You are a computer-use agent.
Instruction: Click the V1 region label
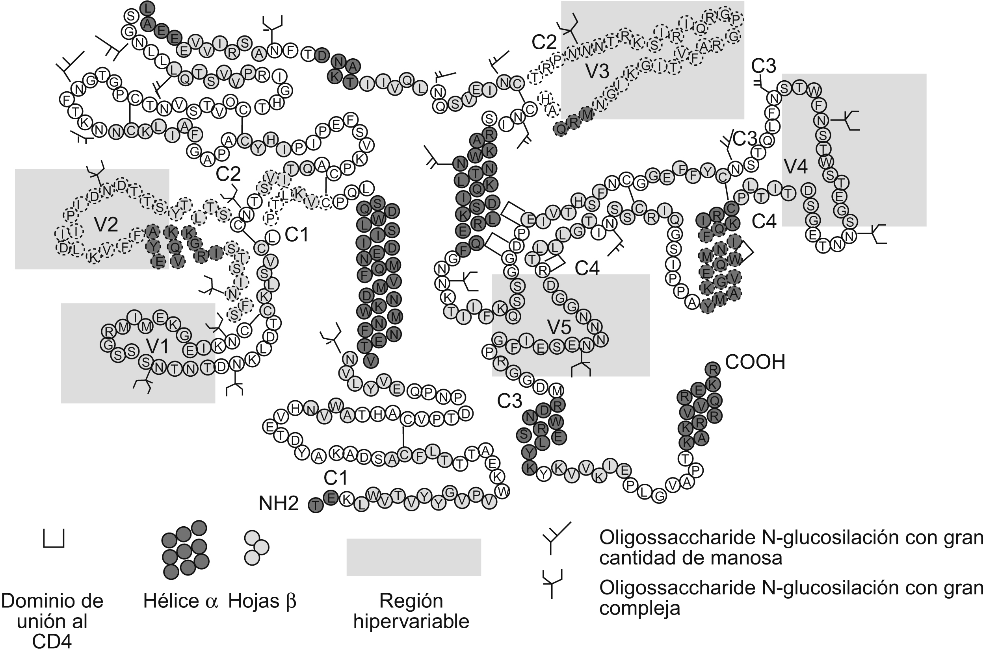[158, 346]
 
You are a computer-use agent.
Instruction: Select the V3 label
[597, 71]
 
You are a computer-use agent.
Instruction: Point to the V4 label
[795, 167]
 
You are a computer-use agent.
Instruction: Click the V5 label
[559, 327]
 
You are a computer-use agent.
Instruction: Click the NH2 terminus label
[279, 504]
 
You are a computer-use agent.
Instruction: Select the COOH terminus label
[755, 362]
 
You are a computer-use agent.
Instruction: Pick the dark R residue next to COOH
[713, 369]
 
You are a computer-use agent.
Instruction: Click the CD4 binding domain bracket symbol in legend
[54, 538]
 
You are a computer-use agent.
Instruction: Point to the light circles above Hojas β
[256, 547]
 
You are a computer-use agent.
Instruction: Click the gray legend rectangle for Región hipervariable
[413, 557]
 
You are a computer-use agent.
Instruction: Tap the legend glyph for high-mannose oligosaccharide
[556, 538]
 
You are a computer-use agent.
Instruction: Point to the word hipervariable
[411, 622]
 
